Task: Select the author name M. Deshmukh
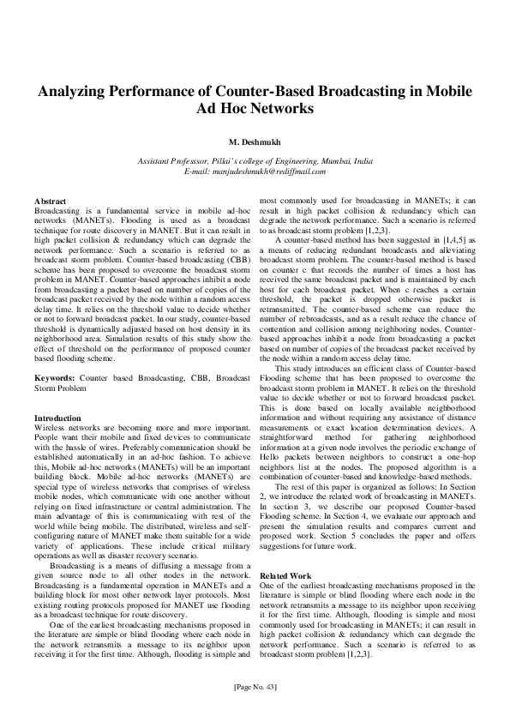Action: click(x=255, y=141)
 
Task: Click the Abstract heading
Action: click(x=49, y=201)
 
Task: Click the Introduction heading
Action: click(x=57, y=417)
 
